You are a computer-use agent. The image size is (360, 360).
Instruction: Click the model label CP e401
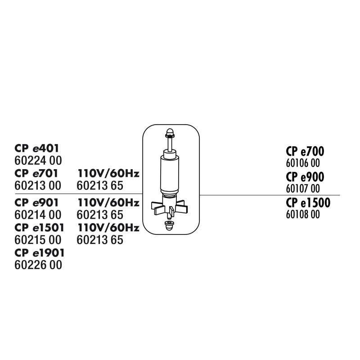click(37, 148)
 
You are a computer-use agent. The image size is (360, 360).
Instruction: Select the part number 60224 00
click(38, 161)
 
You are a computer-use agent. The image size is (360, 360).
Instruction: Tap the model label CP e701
click(36, 173)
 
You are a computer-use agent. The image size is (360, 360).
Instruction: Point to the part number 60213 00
click(38, 186)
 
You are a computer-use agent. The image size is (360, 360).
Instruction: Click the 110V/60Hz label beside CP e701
click(108, 173)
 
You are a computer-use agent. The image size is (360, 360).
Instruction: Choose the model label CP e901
click(36, 202)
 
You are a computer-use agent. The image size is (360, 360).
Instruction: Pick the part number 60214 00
click(38, 215)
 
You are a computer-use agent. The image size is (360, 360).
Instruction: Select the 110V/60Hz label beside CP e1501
click(108, 228)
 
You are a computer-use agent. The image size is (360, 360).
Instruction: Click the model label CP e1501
click(39, 228)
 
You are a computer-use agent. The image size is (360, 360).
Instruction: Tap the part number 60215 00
click(38, 240)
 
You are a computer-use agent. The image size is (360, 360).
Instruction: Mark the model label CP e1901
click(40, 252)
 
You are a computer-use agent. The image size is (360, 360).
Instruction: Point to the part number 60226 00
click(38, 265)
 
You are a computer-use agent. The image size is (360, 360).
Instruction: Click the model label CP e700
click(305, 152)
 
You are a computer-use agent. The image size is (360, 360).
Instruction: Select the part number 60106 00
click(303, 163)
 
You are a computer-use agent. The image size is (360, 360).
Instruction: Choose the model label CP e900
click(305, 177)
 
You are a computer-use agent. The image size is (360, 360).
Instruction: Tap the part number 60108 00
click(303, 215)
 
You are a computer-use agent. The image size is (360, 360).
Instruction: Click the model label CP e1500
click(308, 203)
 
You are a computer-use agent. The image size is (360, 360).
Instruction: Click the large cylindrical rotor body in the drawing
click(170, 175)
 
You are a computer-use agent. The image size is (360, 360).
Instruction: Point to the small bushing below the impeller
click(169, 226)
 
